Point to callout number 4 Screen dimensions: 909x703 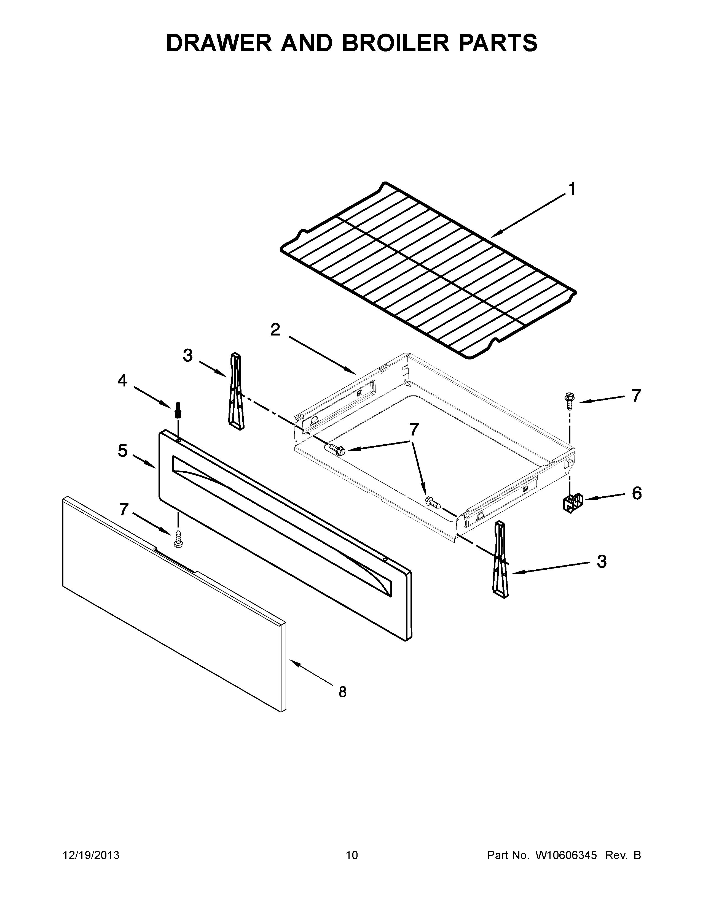coord(122,380)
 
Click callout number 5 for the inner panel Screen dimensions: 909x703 coord(122,451)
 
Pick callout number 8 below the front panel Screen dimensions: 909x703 coord(342,692)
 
